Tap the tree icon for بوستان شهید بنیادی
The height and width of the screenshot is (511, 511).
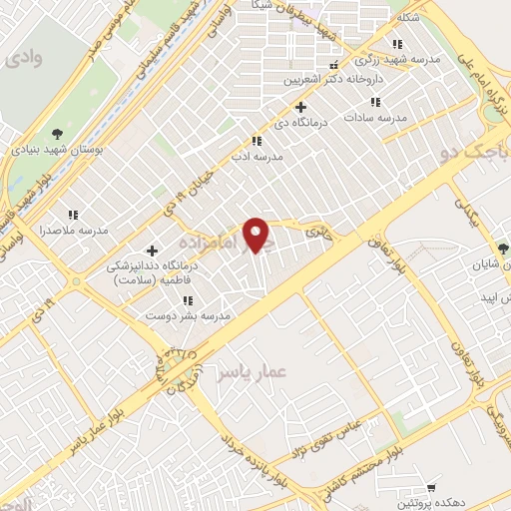point(56,134)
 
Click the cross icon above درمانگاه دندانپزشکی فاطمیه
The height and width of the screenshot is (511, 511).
point(152,251)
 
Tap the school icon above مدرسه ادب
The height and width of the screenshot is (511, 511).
point(256,141)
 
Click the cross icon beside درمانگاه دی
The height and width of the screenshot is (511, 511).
point(302,107)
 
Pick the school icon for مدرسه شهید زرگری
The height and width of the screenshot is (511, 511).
point(398,44)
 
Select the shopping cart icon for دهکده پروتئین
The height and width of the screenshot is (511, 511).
point(431,487)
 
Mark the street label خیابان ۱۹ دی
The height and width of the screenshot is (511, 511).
point(167,204)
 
